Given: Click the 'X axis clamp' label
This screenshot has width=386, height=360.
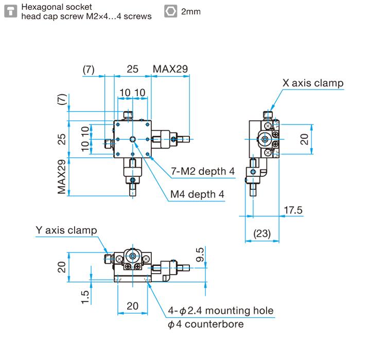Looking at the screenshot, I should [312, 83].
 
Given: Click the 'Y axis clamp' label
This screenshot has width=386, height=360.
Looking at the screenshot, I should [66, 230].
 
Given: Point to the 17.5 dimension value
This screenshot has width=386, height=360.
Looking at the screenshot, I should [293, 210].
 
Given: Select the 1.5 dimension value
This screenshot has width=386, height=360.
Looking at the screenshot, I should [86, 297].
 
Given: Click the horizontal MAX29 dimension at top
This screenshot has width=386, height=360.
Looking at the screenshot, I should [170, 69].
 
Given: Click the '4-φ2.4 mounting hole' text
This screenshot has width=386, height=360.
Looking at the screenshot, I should [221, 311].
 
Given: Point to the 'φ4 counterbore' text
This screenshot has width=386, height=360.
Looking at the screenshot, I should [205, 324].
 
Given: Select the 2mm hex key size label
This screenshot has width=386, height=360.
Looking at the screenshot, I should [190, 11].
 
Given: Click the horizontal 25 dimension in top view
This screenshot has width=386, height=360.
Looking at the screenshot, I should [132, 69].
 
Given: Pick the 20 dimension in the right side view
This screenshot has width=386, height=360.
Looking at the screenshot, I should [305, 139].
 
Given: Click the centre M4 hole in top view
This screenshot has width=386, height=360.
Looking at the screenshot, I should [133, 139].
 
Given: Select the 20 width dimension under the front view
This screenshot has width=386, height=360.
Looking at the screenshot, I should [132, 305].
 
